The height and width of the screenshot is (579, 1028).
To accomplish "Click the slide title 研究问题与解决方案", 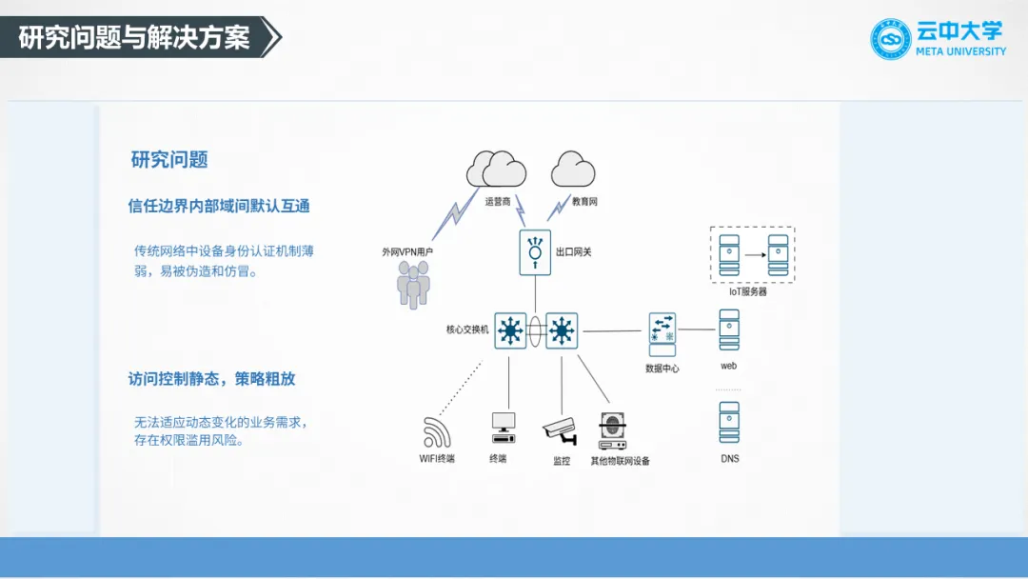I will coord(134,38).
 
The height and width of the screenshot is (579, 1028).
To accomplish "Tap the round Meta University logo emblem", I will coord(891,39).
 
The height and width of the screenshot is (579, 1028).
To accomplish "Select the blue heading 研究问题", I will coord(169,160).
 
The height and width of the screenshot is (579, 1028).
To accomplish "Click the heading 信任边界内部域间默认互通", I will coord(219,206).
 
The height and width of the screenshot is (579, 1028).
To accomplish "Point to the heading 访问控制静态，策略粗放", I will coord(211,379).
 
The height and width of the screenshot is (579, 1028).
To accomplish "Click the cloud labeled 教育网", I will coord(573,170).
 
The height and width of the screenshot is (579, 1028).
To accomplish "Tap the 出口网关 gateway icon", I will coord(535,252).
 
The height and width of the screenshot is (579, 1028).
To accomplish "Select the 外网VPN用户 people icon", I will coord(412,284).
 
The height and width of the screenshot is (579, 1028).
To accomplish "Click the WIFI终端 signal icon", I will coord(437,432).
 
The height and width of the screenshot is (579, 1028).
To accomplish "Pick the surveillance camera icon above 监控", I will coord(560,431).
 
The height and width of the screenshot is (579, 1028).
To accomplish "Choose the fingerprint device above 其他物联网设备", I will coord(611,431).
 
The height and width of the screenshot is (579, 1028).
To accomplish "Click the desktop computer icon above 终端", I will coord(503,428).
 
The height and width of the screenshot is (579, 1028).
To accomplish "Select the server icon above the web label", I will coord(729,330).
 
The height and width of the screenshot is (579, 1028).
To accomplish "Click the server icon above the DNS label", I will coord(729,423).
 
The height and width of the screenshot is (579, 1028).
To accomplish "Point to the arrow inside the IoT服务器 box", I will coord(754,254).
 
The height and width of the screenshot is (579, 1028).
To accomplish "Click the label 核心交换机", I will coord(467,329).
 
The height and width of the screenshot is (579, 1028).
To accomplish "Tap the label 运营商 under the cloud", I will coord(498,202).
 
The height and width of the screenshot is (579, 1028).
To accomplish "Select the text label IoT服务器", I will coord(748,292).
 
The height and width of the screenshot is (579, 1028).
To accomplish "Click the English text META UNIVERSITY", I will coord(959,51).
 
